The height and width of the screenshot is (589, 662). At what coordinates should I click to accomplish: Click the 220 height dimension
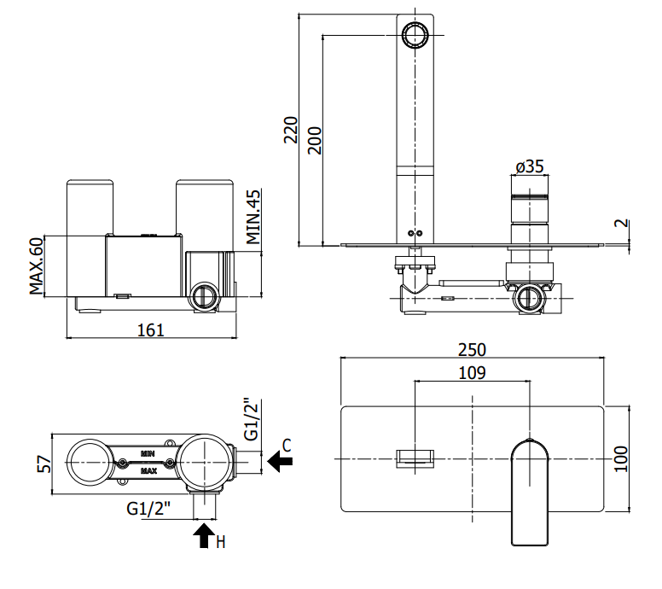point(290,130)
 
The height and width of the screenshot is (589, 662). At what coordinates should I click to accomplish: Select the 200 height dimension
point(314,140)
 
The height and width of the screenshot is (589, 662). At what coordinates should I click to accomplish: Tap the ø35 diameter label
point(530,166)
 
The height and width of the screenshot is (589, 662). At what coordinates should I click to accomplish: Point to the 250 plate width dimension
point(472,350)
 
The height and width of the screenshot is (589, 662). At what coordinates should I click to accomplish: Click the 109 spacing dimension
point(472,373)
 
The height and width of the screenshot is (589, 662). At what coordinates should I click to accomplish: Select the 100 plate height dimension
point(621,459)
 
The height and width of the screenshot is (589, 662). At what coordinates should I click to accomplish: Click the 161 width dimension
point(151,330)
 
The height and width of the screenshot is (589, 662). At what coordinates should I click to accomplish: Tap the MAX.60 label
point(37,265)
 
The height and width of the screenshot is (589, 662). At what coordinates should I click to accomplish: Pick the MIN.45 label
point(253,217)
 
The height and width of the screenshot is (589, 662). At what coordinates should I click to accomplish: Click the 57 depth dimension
point(44,464)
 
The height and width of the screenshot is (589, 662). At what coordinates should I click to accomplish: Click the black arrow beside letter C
point(280,461)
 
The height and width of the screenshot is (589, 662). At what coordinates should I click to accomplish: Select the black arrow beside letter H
point(205,535)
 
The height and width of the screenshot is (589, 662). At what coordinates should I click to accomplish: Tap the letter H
point(221,542)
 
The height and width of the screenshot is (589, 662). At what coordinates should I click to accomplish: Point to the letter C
point(287,446)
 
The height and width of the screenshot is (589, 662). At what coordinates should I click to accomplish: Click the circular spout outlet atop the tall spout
point(415,35)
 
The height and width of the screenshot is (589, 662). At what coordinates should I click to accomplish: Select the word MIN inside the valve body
point(148,454)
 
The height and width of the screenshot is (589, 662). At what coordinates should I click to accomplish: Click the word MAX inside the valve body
point(148,470)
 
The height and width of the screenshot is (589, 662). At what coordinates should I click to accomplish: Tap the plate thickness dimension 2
point(621,223)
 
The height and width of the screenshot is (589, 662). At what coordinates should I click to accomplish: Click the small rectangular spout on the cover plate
point(415,459)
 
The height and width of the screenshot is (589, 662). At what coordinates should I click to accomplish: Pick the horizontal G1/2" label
point(148,508)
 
